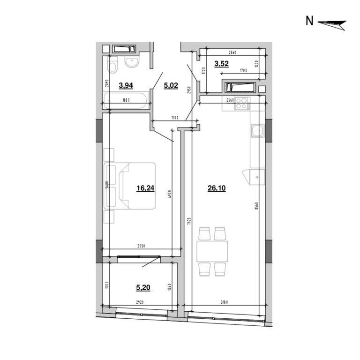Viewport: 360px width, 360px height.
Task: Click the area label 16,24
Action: [145, 188]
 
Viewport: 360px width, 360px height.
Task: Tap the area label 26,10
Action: [216, 188]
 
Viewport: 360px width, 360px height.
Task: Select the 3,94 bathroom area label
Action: [127, 85]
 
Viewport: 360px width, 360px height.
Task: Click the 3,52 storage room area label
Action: [221, 64]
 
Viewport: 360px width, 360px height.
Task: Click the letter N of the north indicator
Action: [309, 21]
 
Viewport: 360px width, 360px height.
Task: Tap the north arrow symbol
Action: [332, 23]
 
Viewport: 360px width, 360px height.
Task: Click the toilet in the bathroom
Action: [112, 65]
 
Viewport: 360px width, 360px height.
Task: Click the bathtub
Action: [126, 101]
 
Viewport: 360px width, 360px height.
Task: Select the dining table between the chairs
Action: [212, 251]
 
